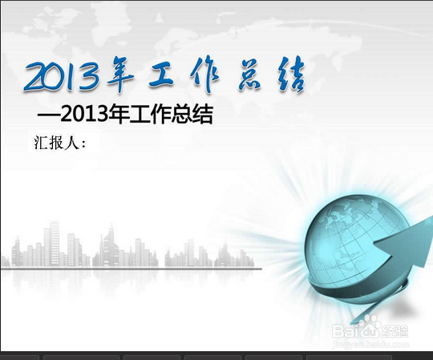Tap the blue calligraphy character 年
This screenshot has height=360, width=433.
point(120,74)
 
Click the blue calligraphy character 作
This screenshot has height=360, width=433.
point(204,74)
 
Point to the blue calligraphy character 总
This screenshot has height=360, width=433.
point(249,75)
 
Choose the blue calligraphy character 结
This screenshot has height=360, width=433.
point(291,75)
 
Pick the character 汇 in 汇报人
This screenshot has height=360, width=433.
point(41,143)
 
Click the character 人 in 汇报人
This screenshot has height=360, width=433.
point(71,143)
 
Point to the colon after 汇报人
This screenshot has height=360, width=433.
point(84,144)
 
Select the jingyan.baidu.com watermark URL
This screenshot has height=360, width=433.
point(370,345)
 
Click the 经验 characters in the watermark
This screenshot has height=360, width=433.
point(395,331)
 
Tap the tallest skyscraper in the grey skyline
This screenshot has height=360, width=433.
point(54,244)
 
